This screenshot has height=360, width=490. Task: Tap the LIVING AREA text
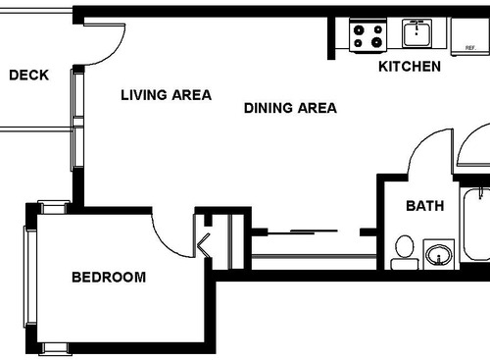coord(166,95)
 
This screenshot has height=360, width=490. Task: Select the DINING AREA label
coord(290,108)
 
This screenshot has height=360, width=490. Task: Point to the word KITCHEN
coord(410,67)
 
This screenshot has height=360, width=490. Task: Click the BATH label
coord(424,206)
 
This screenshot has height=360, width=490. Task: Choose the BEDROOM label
coord(109,278)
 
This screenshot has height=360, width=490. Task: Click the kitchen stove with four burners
coord(368,36)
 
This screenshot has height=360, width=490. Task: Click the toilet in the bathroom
coord(403,252)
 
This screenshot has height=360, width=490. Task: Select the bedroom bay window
coord(32,277)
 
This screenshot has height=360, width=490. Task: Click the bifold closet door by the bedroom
coord(207,242)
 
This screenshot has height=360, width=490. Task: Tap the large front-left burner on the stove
coord(360,43)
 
